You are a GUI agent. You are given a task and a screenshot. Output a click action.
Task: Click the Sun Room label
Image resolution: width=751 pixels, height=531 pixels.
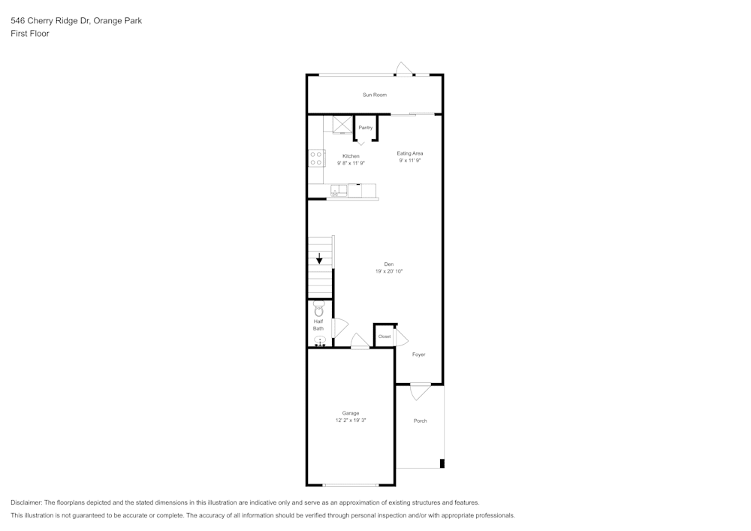(x=375, y=95)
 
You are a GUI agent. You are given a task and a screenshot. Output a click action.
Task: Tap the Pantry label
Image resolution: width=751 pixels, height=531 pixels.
(x=366, y=128)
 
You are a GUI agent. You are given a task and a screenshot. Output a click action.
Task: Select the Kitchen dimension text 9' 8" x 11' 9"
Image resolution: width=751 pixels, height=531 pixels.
(x=351, y=163)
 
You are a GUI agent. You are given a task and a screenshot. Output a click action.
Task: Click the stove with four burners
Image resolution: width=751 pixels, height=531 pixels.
(x=316, y=158)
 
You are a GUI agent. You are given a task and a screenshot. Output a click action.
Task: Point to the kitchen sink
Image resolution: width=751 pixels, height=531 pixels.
(x=339, y=191)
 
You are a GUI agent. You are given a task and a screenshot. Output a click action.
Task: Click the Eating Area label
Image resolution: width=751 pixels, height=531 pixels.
(x=410, y=153)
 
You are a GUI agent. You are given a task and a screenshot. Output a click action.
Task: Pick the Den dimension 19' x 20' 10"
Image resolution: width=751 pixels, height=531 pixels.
(x=389, y=271)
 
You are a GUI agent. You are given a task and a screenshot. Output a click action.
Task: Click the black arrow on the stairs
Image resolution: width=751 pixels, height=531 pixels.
(x=319, y=259)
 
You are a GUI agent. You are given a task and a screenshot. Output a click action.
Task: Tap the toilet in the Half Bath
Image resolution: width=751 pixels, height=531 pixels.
(x=319, y=309)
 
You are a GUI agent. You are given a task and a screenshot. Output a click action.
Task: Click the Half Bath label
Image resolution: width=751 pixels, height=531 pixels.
(x=318, y=325)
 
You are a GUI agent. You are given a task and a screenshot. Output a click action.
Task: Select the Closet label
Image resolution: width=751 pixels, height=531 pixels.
(x=385, y=336)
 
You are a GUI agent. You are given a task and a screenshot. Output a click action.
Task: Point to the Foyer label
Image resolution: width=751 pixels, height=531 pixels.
(x=418, y=355)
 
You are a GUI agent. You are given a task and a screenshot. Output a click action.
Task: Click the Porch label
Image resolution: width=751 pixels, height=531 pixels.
(x=420, y=421)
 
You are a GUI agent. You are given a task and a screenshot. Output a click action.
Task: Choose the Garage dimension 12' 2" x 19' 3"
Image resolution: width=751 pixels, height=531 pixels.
(x=351, y=421)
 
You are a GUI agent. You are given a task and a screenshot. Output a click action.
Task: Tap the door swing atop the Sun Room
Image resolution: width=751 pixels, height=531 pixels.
(x=404, y=69)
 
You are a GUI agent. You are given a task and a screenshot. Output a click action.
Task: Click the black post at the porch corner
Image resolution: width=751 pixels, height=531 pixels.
(x=442, y=463)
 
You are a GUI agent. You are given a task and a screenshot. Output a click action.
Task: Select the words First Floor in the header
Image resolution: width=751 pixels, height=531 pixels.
(x=30, y=34)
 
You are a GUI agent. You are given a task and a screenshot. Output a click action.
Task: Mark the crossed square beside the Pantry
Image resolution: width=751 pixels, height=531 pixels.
(x=342, y=125)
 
